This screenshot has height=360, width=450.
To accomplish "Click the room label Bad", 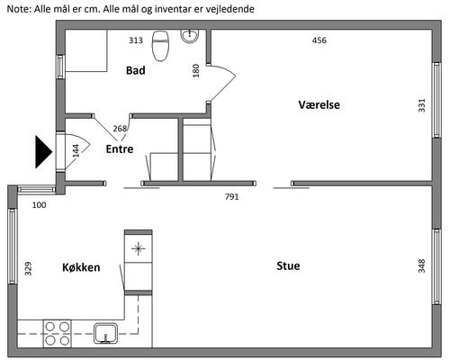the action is (136, 70).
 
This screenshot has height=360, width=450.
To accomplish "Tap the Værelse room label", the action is (319, 104).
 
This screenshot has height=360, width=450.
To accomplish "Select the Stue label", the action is (288, 265).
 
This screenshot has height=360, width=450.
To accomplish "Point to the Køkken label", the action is (81, 267).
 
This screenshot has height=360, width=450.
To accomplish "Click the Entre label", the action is (120, 149).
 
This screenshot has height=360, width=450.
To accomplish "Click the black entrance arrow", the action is (44, 152).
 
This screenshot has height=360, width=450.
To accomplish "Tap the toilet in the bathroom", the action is (161, 46).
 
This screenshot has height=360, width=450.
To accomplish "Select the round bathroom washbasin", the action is (190, 36).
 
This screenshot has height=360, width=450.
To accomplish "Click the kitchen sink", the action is (105, 333).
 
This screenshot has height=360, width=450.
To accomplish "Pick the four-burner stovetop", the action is (58, 333).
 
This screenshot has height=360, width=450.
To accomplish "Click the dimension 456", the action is (319, 40).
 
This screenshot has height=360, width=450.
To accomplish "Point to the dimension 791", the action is (232, 197).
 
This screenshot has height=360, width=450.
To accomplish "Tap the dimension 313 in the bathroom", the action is (136, 40).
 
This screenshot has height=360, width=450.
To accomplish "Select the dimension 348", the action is (422, 266).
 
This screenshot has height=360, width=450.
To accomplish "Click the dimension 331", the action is (422, 105).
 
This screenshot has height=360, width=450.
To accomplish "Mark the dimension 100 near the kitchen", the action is (40, 205).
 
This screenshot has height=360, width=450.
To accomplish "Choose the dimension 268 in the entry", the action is (120, 129).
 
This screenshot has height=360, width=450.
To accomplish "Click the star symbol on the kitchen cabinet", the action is (139, 248).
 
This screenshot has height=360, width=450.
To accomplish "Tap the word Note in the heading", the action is (18, 9).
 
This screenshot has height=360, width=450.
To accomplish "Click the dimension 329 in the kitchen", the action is (28, 269).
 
